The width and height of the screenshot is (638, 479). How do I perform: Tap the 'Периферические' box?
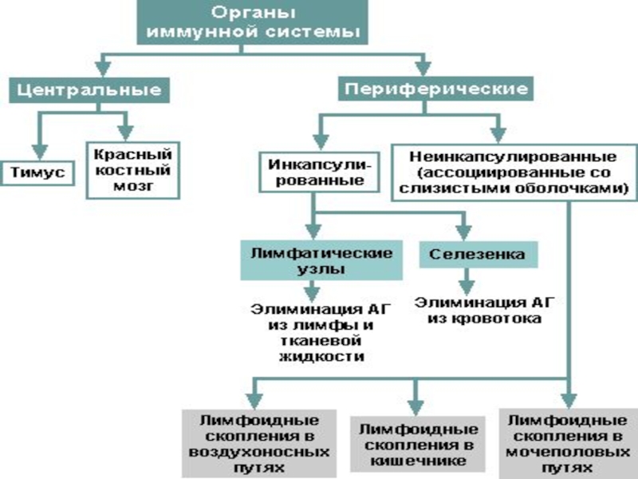pos(435,89)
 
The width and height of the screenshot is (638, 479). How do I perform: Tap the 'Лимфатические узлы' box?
pos(321,261)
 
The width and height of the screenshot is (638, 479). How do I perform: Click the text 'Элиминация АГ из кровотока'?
pos(478,310)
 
